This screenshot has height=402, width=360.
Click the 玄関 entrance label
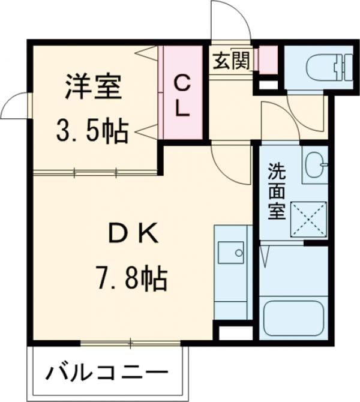click(230, 60)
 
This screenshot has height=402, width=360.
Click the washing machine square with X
click(308, 220)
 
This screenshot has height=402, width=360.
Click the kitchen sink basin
click(231, 253)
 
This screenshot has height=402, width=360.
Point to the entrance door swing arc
click(231, 21)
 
